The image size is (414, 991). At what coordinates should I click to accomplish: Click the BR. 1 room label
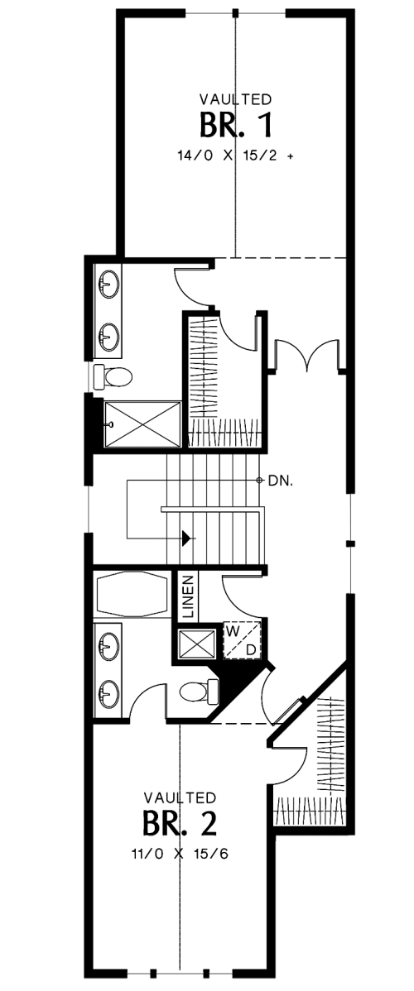point(236,125)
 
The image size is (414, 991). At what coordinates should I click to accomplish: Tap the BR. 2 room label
point(181,824)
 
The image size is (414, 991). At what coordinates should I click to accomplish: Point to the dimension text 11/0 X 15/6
point(181,854)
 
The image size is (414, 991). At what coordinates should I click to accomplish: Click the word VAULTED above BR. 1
point(236,99)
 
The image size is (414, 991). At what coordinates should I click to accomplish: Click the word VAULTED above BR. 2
point(181,797)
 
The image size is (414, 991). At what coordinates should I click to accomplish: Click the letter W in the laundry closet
point(233,631)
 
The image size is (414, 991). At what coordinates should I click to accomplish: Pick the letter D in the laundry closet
point(251,649)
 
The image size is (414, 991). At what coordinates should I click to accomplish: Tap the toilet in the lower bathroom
point(198,692)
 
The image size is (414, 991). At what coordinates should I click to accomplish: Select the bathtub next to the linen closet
point(133,595)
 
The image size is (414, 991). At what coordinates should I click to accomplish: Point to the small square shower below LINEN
point(197,644)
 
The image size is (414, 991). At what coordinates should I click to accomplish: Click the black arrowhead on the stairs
point(187,539)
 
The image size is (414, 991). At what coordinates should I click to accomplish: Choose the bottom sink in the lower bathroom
point(108,696)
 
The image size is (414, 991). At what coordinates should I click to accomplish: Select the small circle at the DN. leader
point(259,481)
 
